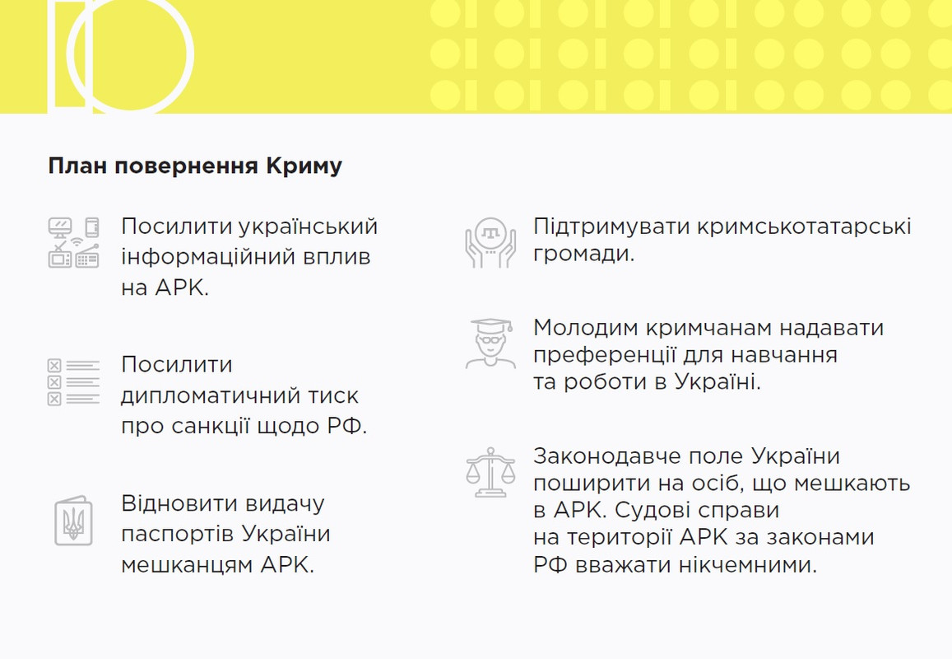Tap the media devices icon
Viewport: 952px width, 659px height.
(x=73, y=242)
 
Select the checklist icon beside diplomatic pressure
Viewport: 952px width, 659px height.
(x=73, y=381)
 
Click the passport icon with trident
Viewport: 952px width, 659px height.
(x=73, y=521)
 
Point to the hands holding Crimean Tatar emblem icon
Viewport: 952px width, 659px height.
(x=490, y=242)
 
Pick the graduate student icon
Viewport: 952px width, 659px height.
(x=490, y=344)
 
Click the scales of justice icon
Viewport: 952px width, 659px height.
(x=490, y=472)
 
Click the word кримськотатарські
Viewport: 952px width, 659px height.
(x=804, y=227)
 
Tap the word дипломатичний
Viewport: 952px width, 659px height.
(x=210, y=395)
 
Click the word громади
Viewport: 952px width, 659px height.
(x=583, y=254)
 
